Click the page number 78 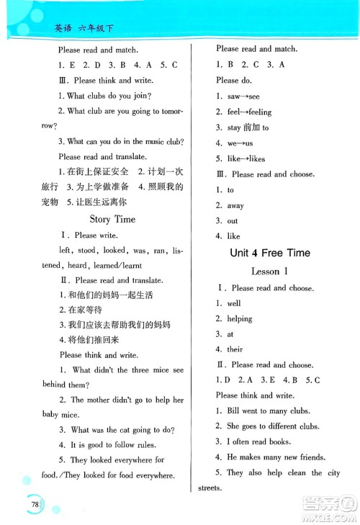tap(35, 503)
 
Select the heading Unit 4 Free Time tap(269, 253)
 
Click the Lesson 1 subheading tap(269, 272)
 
